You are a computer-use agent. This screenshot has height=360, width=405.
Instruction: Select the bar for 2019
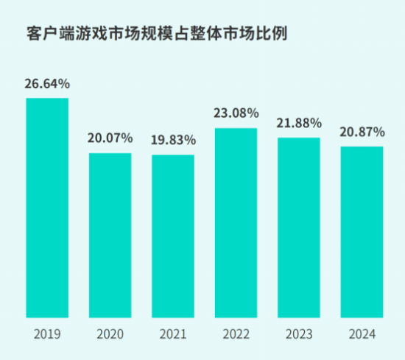47,208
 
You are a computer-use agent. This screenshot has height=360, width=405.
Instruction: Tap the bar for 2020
110,236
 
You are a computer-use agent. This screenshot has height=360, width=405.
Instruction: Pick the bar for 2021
173,236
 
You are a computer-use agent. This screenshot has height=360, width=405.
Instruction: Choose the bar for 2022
236,223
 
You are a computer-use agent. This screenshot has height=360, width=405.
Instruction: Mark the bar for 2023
299,227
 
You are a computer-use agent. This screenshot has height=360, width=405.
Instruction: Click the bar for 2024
362,232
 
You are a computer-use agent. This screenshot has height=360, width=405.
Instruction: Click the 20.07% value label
110,138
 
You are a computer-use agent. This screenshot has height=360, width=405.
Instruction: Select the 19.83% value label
173,139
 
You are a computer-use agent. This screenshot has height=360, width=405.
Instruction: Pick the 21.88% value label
299,122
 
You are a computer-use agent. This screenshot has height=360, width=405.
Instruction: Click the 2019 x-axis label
47,334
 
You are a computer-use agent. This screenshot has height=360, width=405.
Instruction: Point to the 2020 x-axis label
110,334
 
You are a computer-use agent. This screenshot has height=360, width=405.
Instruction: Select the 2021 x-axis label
173,334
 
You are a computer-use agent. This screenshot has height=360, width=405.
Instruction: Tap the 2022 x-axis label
236,334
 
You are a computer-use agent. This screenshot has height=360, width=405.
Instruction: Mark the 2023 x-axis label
299,334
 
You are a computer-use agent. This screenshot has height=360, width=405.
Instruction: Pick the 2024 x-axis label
362,334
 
